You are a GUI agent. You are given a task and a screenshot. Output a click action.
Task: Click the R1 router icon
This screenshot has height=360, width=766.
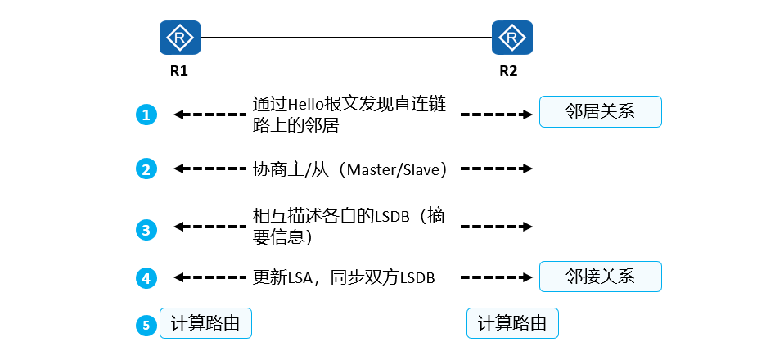(179, 38)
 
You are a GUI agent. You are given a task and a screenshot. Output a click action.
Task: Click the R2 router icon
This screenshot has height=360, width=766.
(512, 38)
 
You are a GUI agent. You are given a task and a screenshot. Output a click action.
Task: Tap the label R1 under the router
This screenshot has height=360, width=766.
(179, 71)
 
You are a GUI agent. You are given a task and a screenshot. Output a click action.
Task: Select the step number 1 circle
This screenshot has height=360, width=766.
(146, 115)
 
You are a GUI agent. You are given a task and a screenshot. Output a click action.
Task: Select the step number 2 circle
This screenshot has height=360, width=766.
(146, 169)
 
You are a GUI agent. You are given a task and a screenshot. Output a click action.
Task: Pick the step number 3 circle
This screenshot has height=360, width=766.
(146, 230)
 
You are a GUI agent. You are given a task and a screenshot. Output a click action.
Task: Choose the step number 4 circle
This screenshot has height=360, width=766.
(146, 278)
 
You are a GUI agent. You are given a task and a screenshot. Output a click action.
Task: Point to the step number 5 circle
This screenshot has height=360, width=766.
(146, 325)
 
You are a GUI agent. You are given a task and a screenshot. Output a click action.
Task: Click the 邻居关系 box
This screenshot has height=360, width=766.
(600, 111)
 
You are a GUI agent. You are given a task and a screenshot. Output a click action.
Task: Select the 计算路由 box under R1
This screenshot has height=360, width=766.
(205, 323)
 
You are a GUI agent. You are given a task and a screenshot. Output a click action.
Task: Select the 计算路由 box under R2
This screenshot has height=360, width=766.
(512, 323)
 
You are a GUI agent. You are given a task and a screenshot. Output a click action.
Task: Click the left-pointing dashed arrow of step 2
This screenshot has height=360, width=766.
(210, 169)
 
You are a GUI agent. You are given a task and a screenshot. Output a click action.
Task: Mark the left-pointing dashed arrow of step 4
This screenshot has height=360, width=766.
(210, 278)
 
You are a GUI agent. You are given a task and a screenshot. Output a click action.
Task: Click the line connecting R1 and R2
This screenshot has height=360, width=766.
(345, 38)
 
